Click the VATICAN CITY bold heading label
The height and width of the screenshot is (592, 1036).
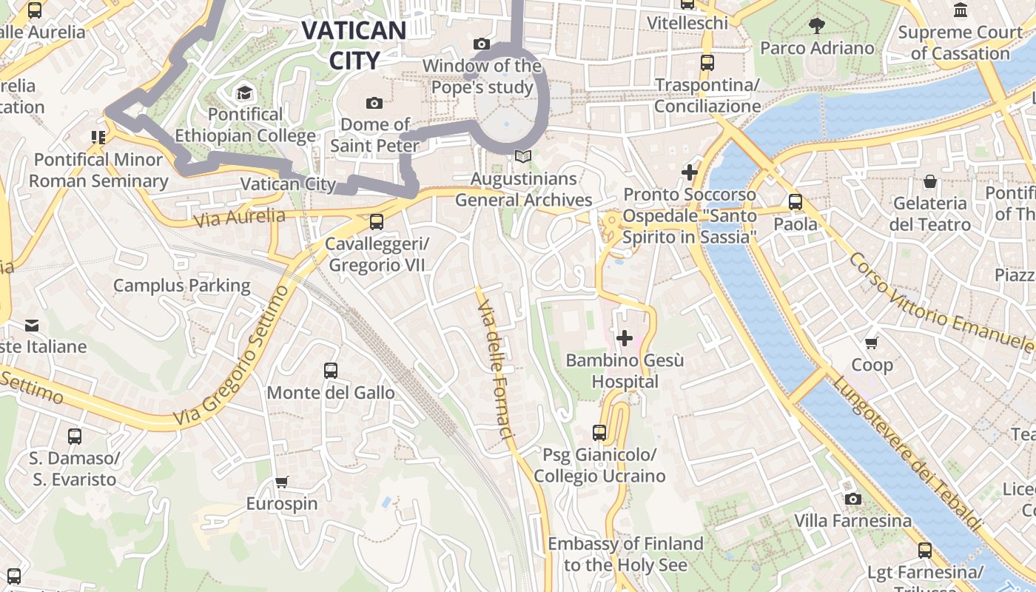pos(354,44)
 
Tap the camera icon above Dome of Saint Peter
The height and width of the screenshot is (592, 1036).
pos(374,103)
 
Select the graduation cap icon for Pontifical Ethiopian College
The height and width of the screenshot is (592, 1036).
pos(244,92)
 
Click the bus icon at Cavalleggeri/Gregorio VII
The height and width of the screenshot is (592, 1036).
pos(377,221)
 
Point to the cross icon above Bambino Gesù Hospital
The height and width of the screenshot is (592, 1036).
pos(625,338)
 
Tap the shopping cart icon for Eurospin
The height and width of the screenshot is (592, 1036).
pos(281,482)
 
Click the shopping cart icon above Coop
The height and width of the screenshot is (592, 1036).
pos(872,343)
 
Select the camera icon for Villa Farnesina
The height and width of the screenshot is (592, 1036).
pos(852,499)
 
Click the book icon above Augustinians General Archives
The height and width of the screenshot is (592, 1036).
pos(523,157)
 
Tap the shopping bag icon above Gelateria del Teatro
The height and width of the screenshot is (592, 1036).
pos(929,181)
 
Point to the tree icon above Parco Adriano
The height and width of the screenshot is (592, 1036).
pos(817,26)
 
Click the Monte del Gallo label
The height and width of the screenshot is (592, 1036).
pos(331,392)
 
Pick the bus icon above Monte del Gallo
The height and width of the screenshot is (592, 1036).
pos(331,370)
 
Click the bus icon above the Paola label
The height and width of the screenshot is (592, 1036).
pos(795,201)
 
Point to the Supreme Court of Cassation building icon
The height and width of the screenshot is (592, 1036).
pos(961,10)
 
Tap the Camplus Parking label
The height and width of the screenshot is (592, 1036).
pos(182,286)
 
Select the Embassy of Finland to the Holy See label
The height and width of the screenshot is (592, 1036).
pos(625,554)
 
